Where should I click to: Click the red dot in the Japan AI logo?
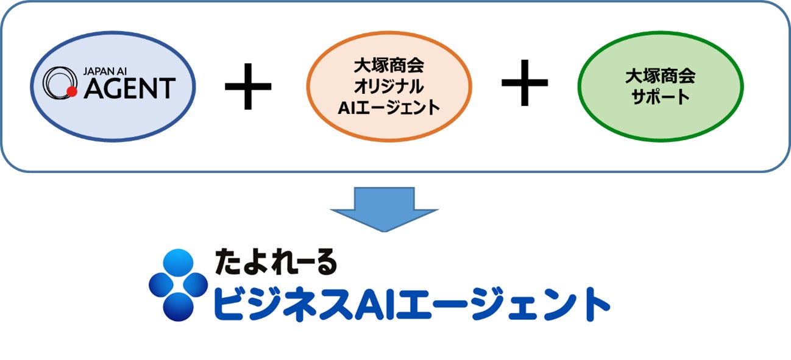pyautogui.click(x=71, y=93)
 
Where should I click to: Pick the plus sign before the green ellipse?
pyautogui.click(x=524, y=83)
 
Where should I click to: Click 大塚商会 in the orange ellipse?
pyautogui.click(x=388, y=65)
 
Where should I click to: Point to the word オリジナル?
pyautogui.click(x=388, y=86)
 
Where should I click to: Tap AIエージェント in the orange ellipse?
pyautogui.click(x=388, y=107)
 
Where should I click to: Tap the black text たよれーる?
pyautogui.click(x=275, y=262)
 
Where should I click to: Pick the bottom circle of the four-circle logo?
pyautogui.click(x=178, y=306)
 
